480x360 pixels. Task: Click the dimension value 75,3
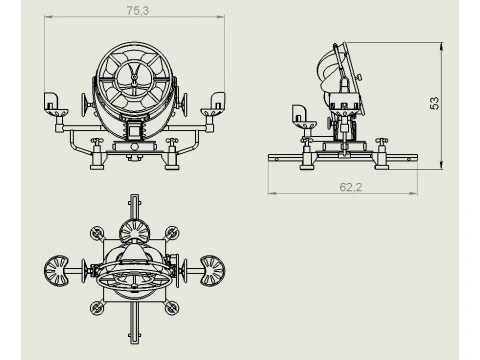138,11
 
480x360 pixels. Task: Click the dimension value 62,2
351,187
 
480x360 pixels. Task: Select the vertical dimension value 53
434,103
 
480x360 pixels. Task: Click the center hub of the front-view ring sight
134,78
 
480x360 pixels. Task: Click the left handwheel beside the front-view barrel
85,104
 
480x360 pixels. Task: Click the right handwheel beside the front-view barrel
183,104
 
